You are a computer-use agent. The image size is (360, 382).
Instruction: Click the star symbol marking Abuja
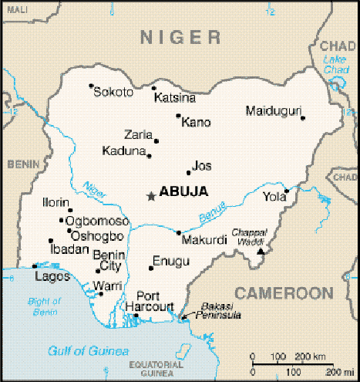(x=150, y=196)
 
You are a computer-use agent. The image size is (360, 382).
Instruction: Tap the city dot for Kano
(x=179, y=117)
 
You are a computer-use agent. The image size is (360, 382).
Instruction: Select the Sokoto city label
(x=113, y=93)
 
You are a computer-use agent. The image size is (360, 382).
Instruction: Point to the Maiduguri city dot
(x=303, y=118)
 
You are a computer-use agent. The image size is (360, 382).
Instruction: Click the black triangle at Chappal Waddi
(x=261, y=251)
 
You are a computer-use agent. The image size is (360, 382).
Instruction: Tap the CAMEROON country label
(x=284, y=293)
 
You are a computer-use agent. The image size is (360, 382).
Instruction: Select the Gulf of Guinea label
(x=88, y=352)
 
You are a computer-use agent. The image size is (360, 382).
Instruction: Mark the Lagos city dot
(x=35, y=266)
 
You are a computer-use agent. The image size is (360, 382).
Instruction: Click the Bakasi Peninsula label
(x=222, y=311)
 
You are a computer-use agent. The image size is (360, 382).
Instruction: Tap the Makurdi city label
(x=205, y=240)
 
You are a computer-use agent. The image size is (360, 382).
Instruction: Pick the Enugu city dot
(x=150, y=269)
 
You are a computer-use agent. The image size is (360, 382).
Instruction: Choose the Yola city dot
(x=287, y=191)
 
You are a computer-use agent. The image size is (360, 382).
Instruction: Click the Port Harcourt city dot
(x=136, y=315)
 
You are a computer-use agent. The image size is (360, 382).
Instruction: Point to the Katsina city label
(x=175, y=98)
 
